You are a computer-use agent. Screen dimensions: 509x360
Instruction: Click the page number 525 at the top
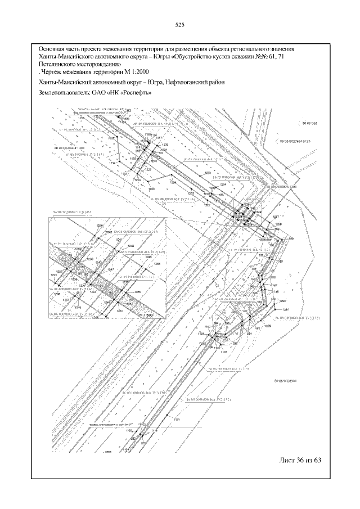(180, 25)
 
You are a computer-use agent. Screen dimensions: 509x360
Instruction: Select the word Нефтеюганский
(175, 82)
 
